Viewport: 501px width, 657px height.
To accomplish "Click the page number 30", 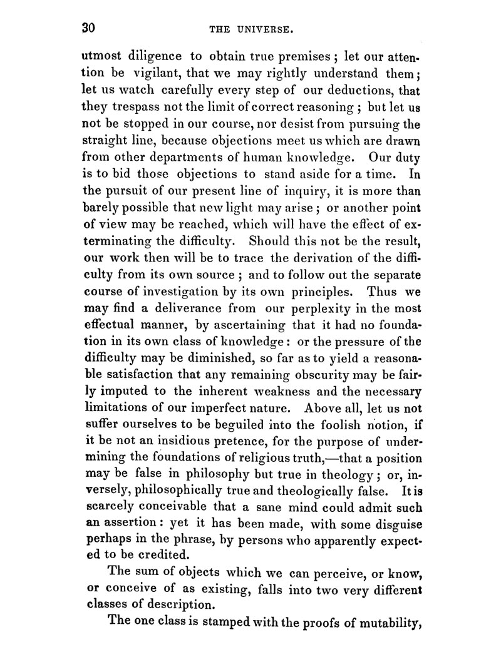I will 88,28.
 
